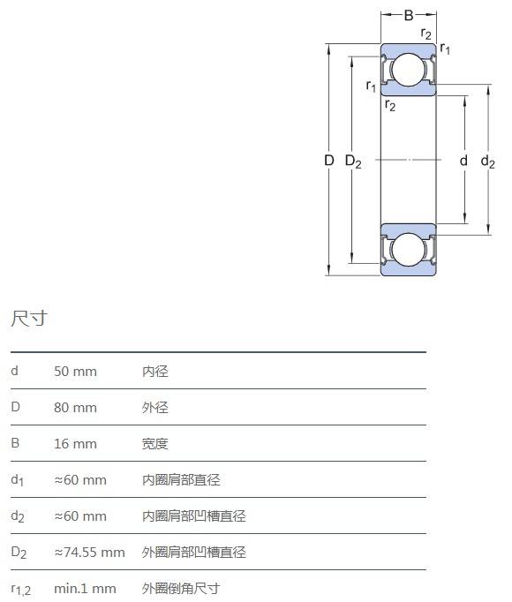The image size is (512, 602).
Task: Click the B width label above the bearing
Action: click(409, 15)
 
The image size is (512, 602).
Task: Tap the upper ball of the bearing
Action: click(409, 70)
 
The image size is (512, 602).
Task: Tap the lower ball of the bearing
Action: click(409, 249)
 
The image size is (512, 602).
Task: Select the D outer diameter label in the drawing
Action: click(329, 160)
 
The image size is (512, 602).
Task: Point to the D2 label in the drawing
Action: click(353, 162)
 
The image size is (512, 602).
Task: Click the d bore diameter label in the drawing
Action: click(464, 160)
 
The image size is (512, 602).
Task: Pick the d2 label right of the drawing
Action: click(488, 162)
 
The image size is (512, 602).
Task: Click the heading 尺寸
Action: click(29, 319)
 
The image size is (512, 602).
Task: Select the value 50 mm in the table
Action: click(75, 372)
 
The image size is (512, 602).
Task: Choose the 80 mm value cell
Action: click(75, 407)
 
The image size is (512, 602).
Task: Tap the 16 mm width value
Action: click(75, 444)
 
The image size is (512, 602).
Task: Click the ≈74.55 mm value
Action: click(89, 552)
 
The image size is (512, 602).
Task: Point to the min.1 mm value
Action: click(85, 588)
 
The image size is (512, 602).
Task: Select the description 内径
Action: click(155, 372)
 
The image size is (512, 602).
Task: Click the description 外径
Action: click(155, 407)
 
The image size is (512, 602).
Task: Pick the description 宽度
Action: click(155, 444)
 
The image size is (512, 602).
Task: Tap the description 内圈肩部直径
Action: click(181, 480)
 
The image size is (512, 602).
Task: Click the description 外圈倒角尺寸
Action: click(181, 588)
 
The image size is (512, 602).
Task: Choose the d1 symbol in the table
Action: click(18, 480)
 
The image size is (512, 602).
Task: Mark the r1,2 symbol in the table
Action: click(21, 590)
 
